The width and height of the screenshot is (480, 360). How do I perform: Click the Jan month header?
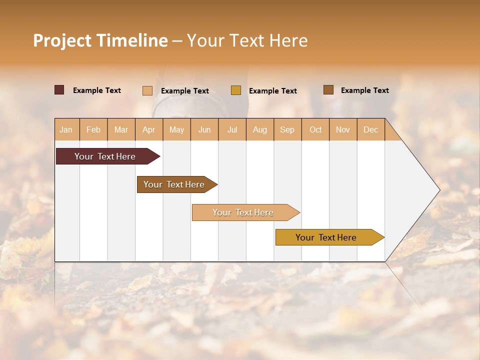click(66, 129)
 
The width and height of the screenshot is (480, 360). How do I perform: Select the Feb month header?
click(93, 129)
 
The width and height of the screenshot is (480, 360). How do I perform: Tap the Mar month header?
click(121, 129)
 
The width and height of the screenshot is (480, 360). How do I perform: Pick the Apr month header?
click(149, 129)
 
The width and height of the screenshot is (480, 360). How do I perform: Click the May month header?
click(176, 129)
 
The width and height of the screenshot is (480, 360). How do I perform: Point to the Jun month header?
click(204, 129)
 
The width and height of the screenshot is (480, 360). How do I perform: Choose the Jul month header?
click(232, 129)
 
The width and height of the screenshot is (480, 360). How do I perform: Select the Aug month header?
click(260, 129)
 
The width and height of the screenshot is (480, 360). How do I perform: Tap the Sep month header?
click(287, 129)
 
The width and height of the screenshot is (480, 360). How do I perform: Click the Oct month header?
click(315, 129)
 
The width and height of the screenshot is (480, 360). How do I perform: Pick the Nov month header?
click(343, 129)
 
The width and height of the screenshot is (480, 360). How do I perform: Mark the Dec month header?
click(370, 129)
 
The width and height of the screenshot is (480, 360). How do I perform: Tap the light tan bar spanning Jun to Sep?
click(243, 212)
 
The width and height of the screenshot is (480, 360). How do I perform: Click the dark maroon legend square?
click(59, 90)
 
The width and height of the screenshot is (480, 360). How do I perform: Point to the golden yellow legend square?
click(236, 90)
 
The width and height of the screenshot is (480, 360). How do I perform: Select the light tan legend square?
click(147, 90)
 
